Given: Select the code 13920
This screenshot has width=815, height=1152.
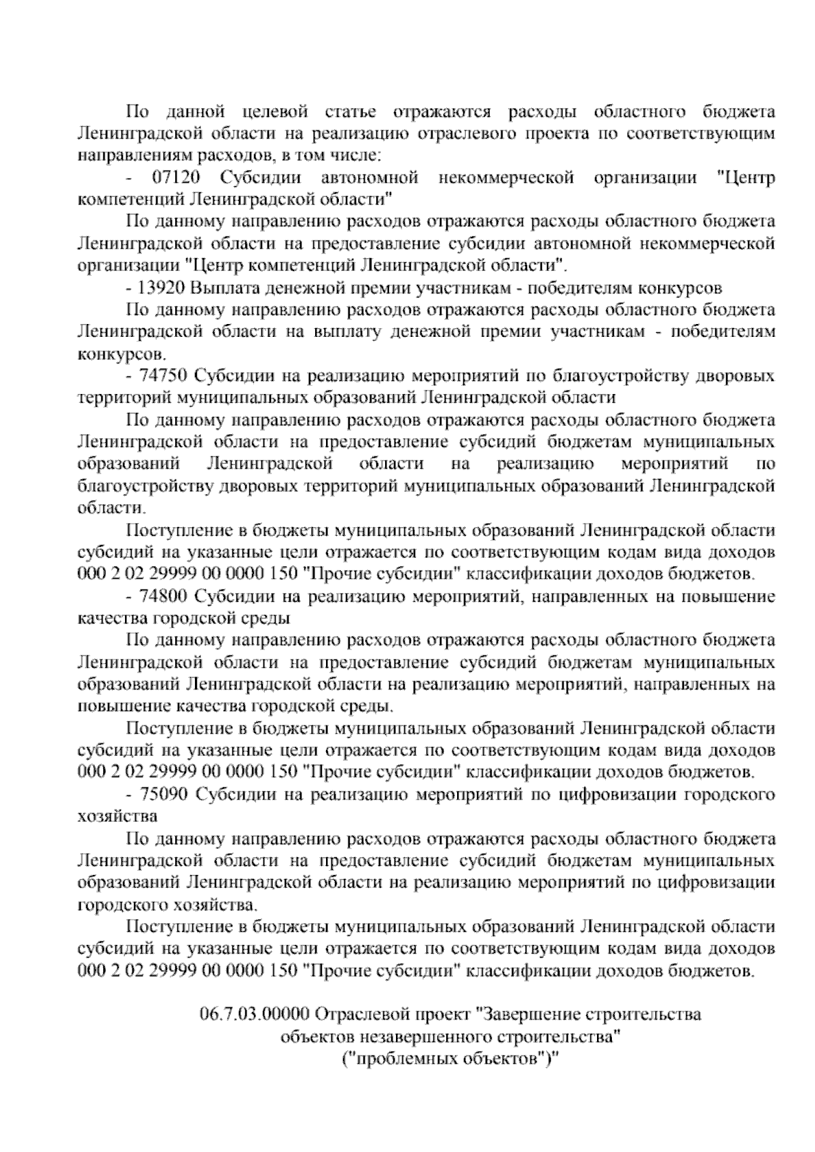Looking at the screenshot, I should pos(162,288).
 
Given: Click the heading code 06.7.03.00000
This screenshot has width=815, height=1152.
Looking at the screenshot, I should pos(255,1015).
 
